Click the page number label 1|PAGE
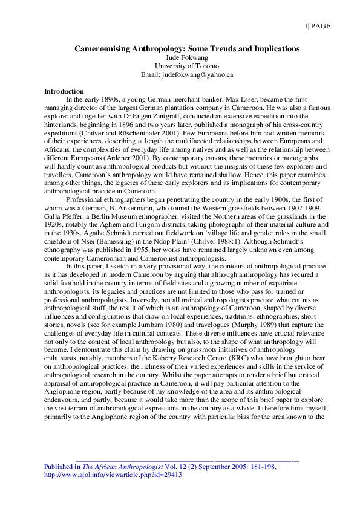316,25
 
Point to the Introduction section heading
64,91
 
